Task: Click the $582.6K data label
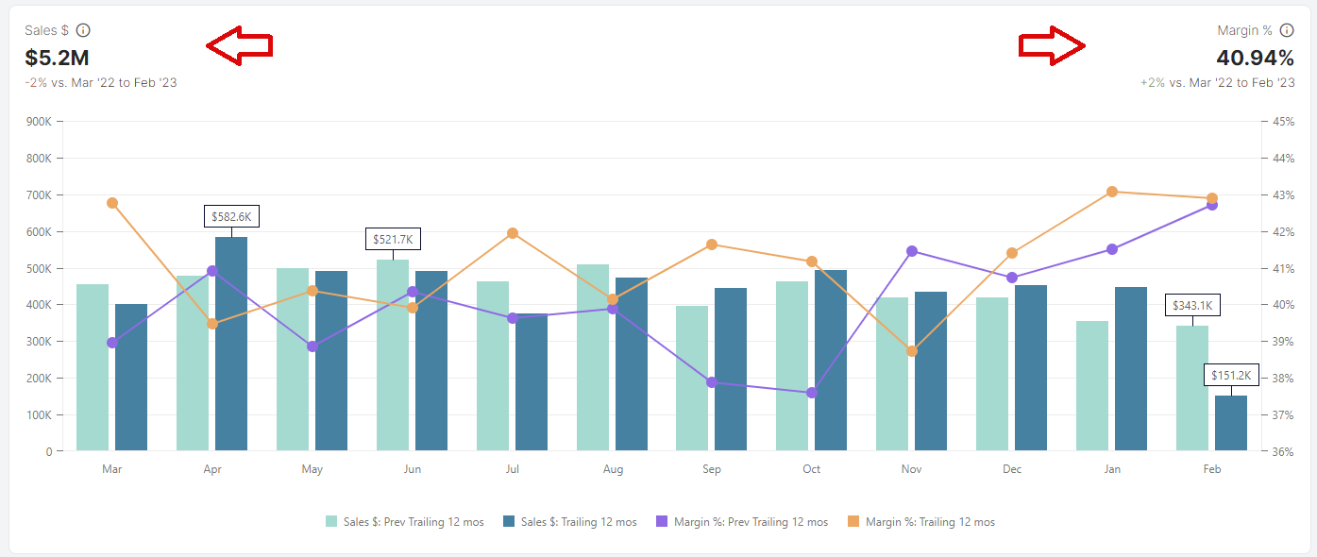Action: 231,216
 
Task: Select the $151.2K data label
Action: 1231,375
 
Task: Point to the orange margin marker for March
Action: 112,203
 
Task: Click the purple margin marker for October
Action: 812,393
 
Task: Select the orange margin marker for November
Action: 912,351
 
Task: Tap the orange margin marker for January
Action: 1112,192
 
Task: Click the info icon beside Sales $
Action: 83,30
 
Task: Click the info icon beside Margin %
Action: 1287,30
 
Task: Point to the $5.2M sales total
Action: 57,57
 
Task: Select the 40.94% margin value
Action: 1255,57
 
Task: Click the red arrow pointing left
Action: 239,46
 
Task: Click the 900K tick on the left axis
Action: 39,122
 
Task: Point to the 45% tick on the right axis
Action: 1283,122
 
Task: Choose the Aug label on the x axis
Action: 612,469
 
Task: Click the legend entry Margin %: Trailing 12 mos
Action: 922,522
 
